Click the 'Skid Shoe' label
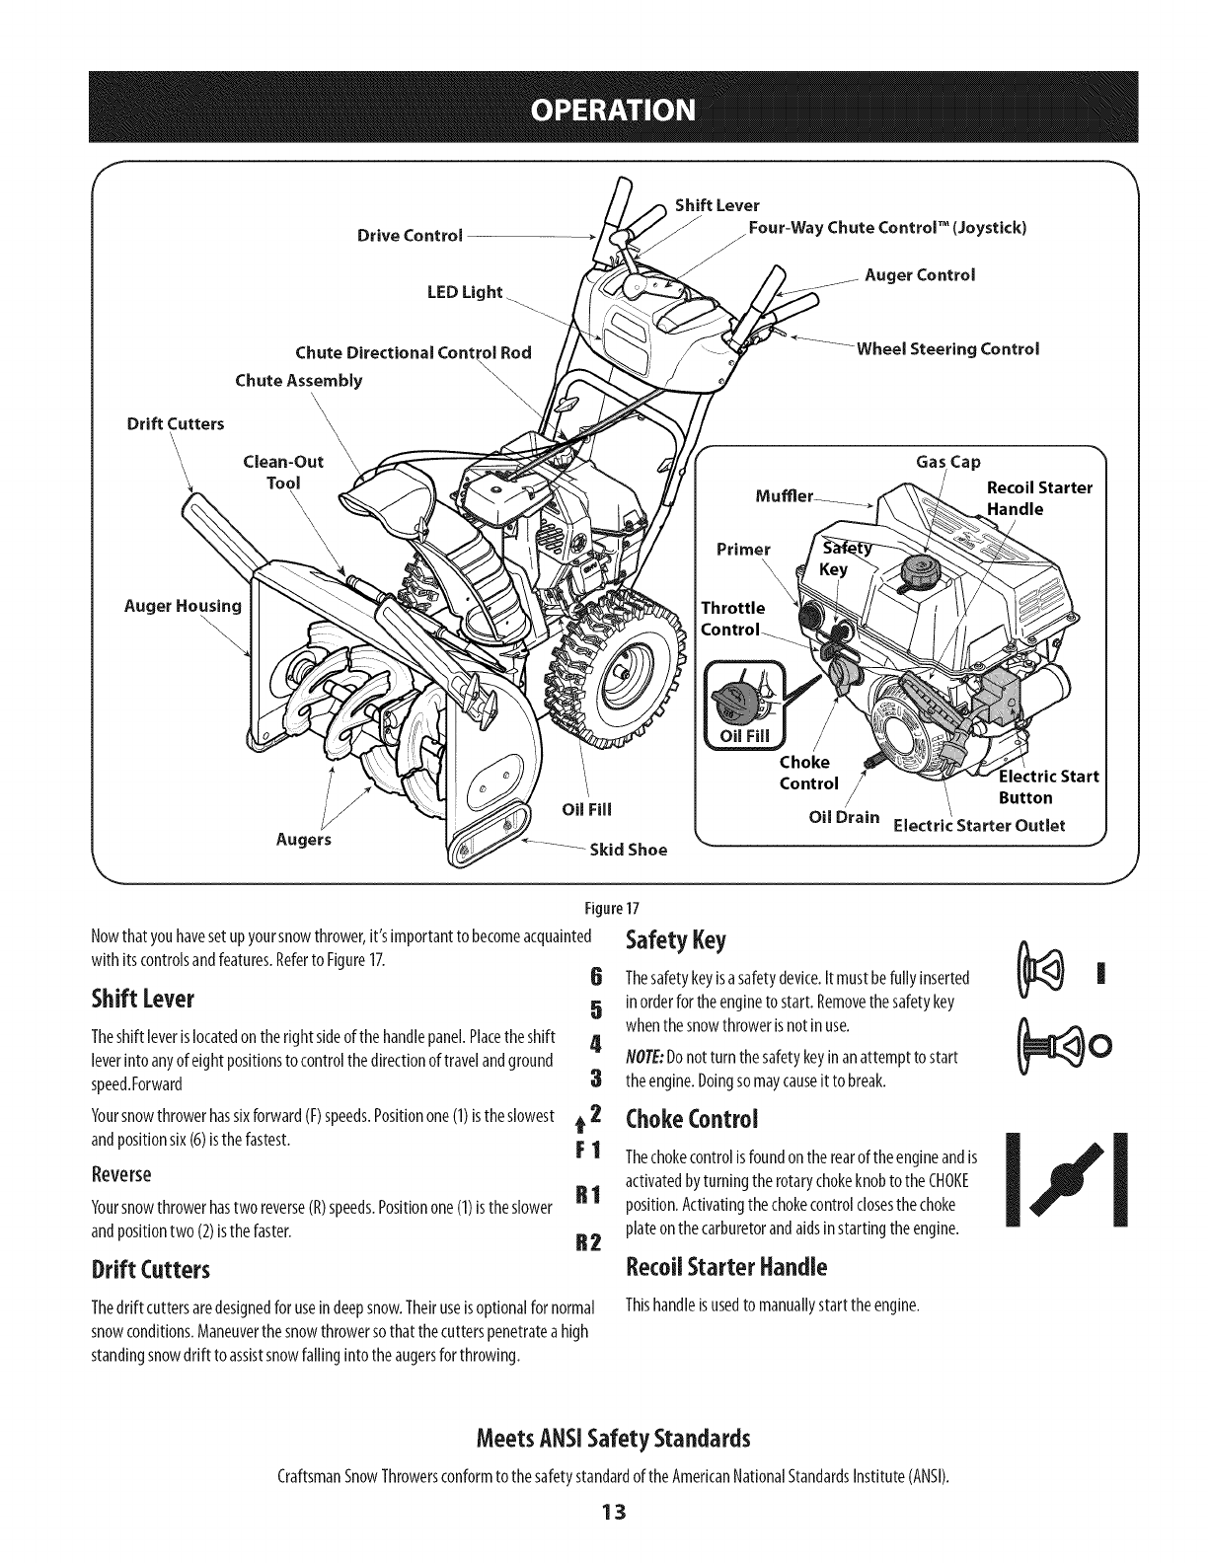(x=628, y=850)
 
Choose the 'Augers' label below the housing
(x=303, y=840)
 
